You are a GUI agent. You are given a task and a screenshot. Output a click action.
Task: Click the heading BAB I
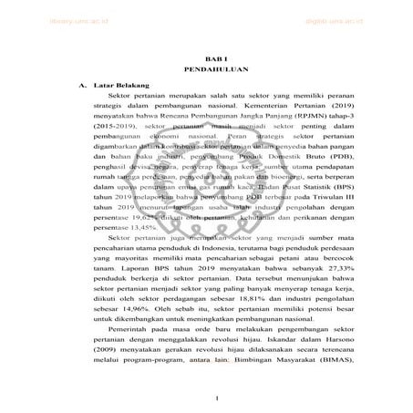pos(209,55)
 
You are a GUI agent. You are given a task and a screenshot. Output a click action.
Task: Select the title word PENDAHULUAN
pos(209,67)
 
